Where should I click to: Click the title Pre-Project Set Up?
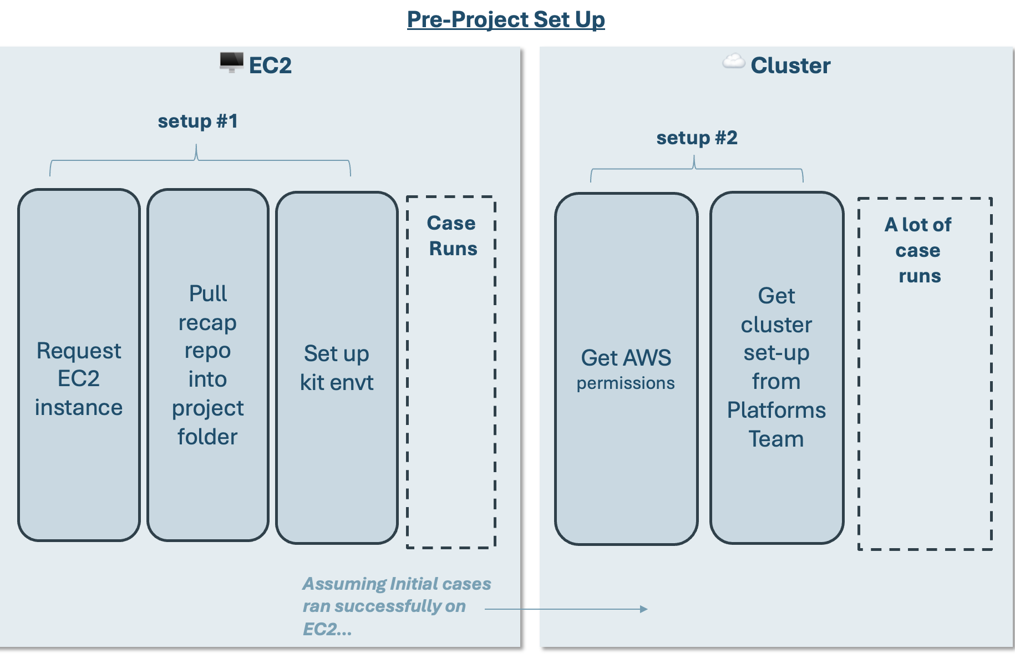coord(506,19)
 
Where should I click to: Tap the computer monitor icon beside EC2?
coord(231,62)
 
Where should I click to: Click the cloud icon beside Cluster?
coord(733,61)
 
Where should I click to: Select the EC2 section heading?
coord(270,65)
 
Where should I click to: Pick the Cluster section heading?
coord(790,65)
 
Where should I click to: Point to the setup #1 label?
coord(198,121)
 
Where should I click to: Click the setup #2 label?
coord(697,138)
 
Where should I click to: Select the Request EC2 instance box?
coord(79,365)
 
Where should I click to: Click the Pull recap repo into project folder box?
coord(208,365)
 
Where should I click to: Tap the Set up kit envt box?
coord(337,368)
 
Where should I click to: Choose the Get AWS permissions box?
coord(626,369)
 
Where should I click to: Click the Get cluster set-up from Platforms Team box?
coord(777,368)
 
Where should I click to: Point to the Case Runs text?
coord(453,236)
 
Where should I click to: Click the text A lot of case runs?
coord(918,250)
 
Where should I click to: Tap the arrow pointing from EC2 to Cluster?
coord(566,609)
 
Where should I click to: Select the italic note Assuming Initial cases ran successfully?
coord(397,606)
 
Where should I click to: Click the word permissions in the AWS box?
coord(626,383)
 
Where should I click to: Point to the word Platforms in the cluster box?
coord(777,411)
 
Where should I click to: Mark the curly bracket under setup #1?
coord(200,160)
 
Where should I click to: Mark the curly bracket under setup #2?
coord(697,169)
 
